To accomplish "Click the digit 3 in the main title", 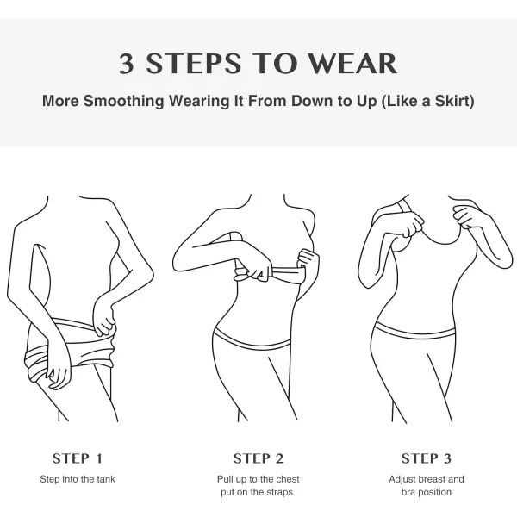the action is click(127, 63).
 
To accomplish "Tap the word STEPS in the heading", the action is click(194, 63).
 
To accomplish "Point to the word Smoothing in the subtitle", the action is click(123, 101).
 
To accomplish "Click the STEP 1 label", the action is click(78, 458).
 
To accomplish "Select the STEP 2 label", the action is click(258, 458).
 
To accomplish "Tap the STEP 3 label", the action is click(427, 458).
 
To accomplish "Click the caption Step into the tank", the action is click(78, 479).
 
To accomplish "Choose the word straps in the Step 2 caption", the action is click(280, 492).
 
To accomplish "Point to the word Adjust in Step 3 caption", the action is click(402, 479).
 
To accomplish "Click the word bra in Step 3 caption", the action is click(408, 492).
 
